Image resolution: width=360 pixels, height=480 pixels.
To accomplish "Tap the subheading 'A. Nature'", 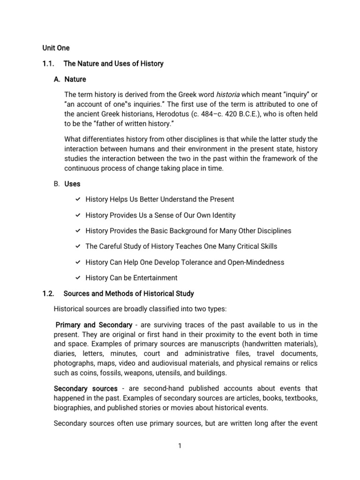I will click(x=70, y=79).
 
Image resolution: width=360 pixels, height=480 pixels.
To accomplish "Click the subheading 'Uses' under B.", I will click(x=73, y=184).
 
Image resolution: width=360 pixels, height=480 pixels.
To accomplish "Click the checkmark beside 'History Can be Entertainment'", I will click(x=78, y=277).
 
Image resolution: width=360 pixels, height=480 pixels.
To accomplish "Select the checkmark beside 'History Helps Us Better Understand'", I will click(x=78, y=199).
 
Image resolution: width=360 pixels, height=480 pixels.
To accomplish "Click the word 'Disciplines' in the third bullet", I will click(x=273, y=231).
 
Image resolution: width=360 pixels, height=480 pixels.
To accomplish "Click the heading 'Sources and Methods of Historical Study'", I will click(x=128, y=293).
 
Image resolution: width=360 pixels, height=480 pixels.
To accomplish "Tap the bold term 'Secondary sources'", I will click(x=86, y=389).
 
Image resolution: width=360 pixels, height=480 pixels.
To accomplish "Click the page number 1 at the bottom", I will click(x=180, y=446).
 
